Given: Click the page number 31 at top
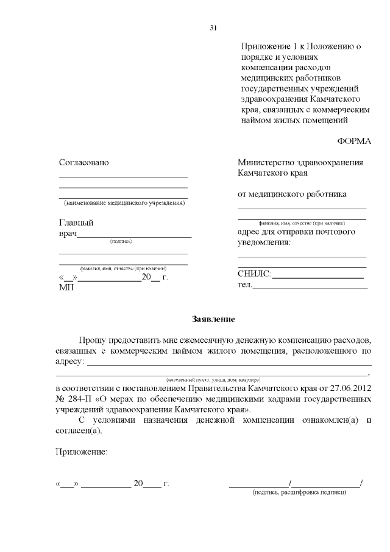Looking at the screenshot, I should point(213,27).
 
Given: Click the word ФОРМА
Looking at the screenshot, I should point(354,141).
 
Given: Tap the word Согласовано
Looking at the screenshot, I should point(83,163).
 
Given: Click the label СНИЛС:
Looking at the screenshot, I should point(254,274).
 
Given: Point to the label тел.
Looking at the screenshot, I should point(244,285).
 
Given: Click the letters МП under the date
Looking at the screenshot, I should point(66,287).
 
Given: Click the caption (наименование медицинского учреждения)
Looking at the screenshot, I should point(124,203).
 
